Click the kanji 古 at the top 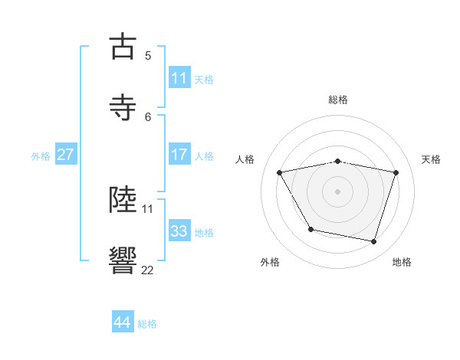pos(124,47)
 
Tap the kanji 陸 pos(124,200)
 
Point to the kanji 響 pos(124,260)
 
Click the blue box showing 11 pos(179,78)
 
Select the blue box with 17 pos(179,155)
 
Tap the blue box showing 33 pos(179,231)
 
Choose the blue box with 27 pos(65,155)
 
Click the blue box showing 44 pos(123,322)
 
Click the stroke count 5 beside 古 pos(148,55)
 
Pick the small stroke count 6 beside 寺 pos(148,116)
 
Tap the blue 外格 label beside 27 pos(41,155)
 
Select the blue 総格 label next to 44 pos(147,324)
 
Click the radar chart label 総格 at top pos(338,100)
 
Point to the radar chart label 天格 pos(432,159)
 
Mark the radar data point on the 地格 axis pos(373,242)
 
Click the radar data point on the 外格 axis pos(310,229)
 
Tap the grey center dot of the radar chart pos(338,191)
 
